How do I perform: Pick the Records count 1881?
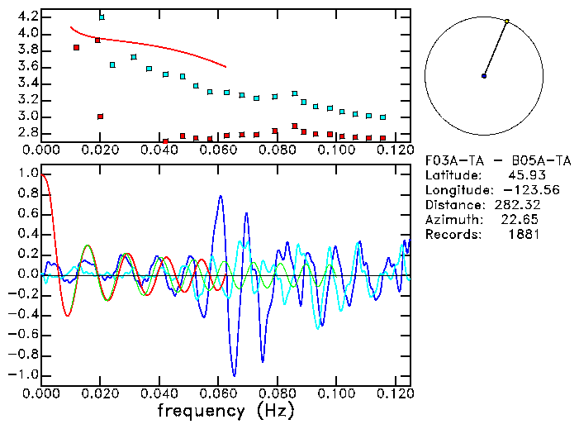524,235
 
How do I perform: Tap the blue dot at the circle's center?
484,76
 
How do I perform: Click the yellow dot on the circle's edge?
507,21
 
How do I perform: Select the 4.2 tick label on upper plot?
25,17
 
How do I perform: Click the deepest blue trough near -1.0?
235,376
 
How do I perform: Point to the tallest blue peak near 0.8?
221,196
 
